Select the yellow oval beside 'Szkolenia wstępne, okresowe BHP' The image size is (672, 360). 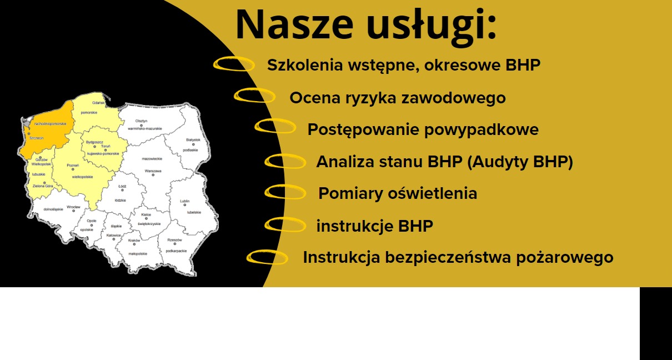click(234, 64)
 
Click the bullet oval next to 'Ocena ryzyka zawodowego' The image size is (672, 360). click(254, 96)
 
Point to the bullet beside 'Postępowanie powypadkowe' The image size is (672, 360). click(275, 127)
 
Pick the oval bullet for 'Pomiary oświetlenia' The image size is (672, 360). click(285, 192)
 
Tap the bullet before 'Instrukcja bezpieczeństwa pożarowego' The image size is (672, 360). click(267, 257)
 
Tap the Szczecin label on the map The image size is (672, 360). click(36, 138)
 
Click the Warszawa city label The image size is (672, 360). click(153, 171)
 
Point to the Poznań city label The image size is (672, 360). click(72, 166)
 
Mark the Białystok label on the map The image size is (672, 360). click(193, 140)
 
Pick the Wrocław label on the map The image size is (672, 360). click(73, 207)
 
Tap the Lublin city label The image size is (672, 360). click(184, 201)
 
